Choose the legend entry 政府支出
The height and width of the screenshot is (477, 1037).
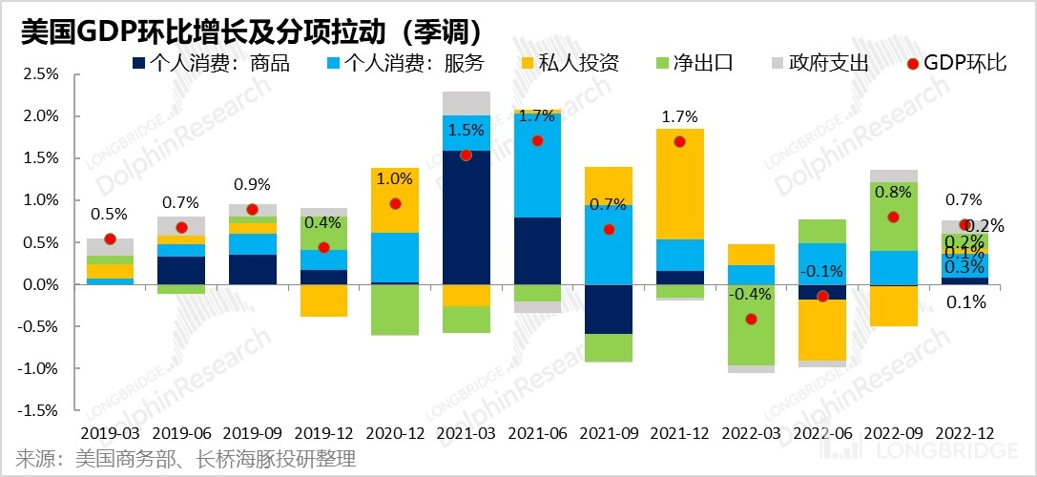point(822,64)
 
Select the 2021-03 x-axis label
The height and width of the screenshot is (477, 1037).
point(467,431)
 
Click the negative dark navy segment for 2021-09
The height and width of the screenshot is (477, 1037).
point(608,309)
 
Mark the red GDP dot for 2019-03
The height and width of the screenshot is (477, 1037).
point(110,238)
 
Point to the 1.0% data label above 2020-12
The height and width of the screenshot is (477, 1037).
point(395,178)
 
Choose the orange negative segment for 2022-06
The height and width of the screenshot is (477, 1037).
point(821,330)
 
